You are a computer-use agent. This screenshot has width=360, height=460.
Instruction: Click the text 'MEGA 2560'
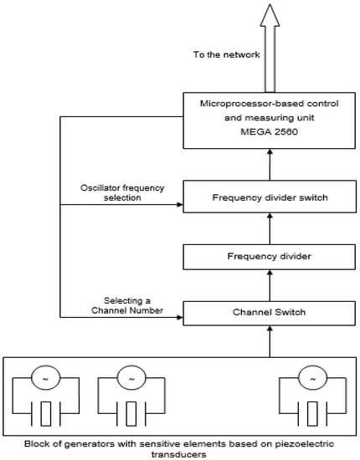pyautogui.click(x=267, y=131)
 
